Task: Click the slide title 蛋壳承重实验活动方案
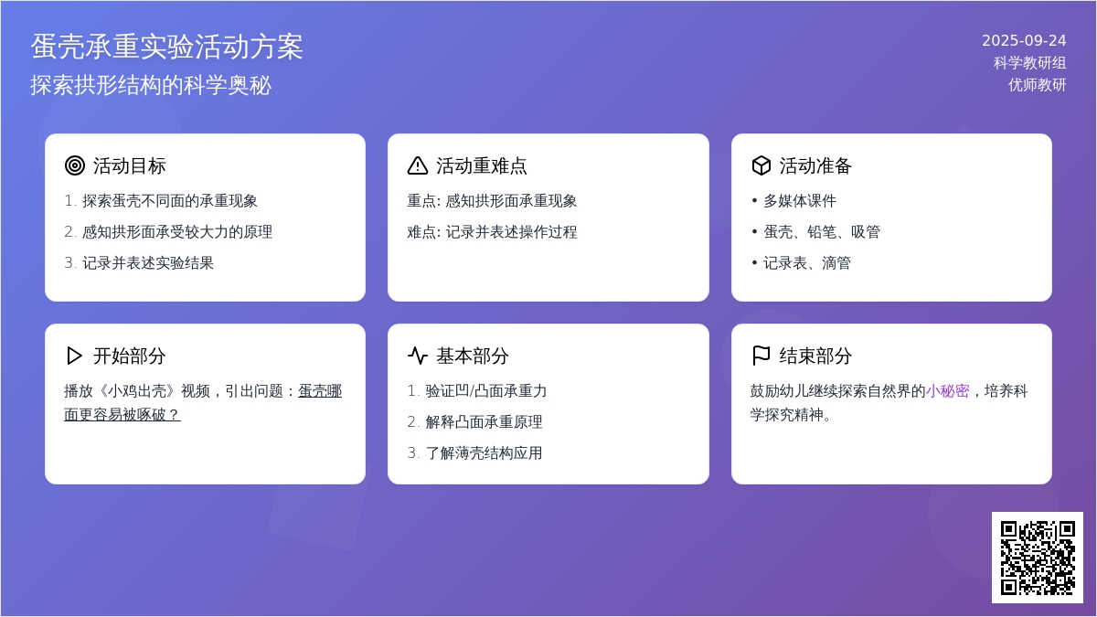[x=167, y=47]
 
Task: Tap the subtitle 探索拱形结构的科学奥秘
[x=151, y=85]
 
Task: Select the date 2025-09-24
[x=1024, y=40]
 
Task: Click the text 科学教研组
[x=1030, y=63]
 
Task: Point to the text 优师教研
[x=1038, y=85]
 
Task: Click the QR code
[x=1038, y=558]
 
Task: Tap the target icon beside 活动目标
[x=75, y=165]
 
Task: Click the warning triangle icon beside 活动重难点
[x=418, y=165]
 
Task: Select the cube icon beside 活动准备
[x=762, y=165]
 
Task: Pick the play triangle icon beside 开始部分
[x=74, y=356]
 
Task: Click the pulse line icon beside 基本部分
[x=418, y=356]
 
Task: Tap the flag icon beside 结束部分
[x=761, y=356]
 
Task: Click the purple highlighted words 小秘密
[x=948, y=391]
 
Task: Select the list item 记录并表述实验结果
[x=148, y=263]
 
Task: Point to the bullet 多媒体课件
[x=800, y=201]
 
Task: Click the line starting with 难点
[x=492, y=231]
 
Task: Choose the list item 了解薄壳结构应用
[x=484, y=453]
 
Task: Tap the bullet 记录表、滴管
[x=807, y=263]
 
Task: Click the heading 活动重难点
[x=482, y=165]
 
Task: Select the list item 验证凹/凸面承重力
[x=485, y=391]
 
